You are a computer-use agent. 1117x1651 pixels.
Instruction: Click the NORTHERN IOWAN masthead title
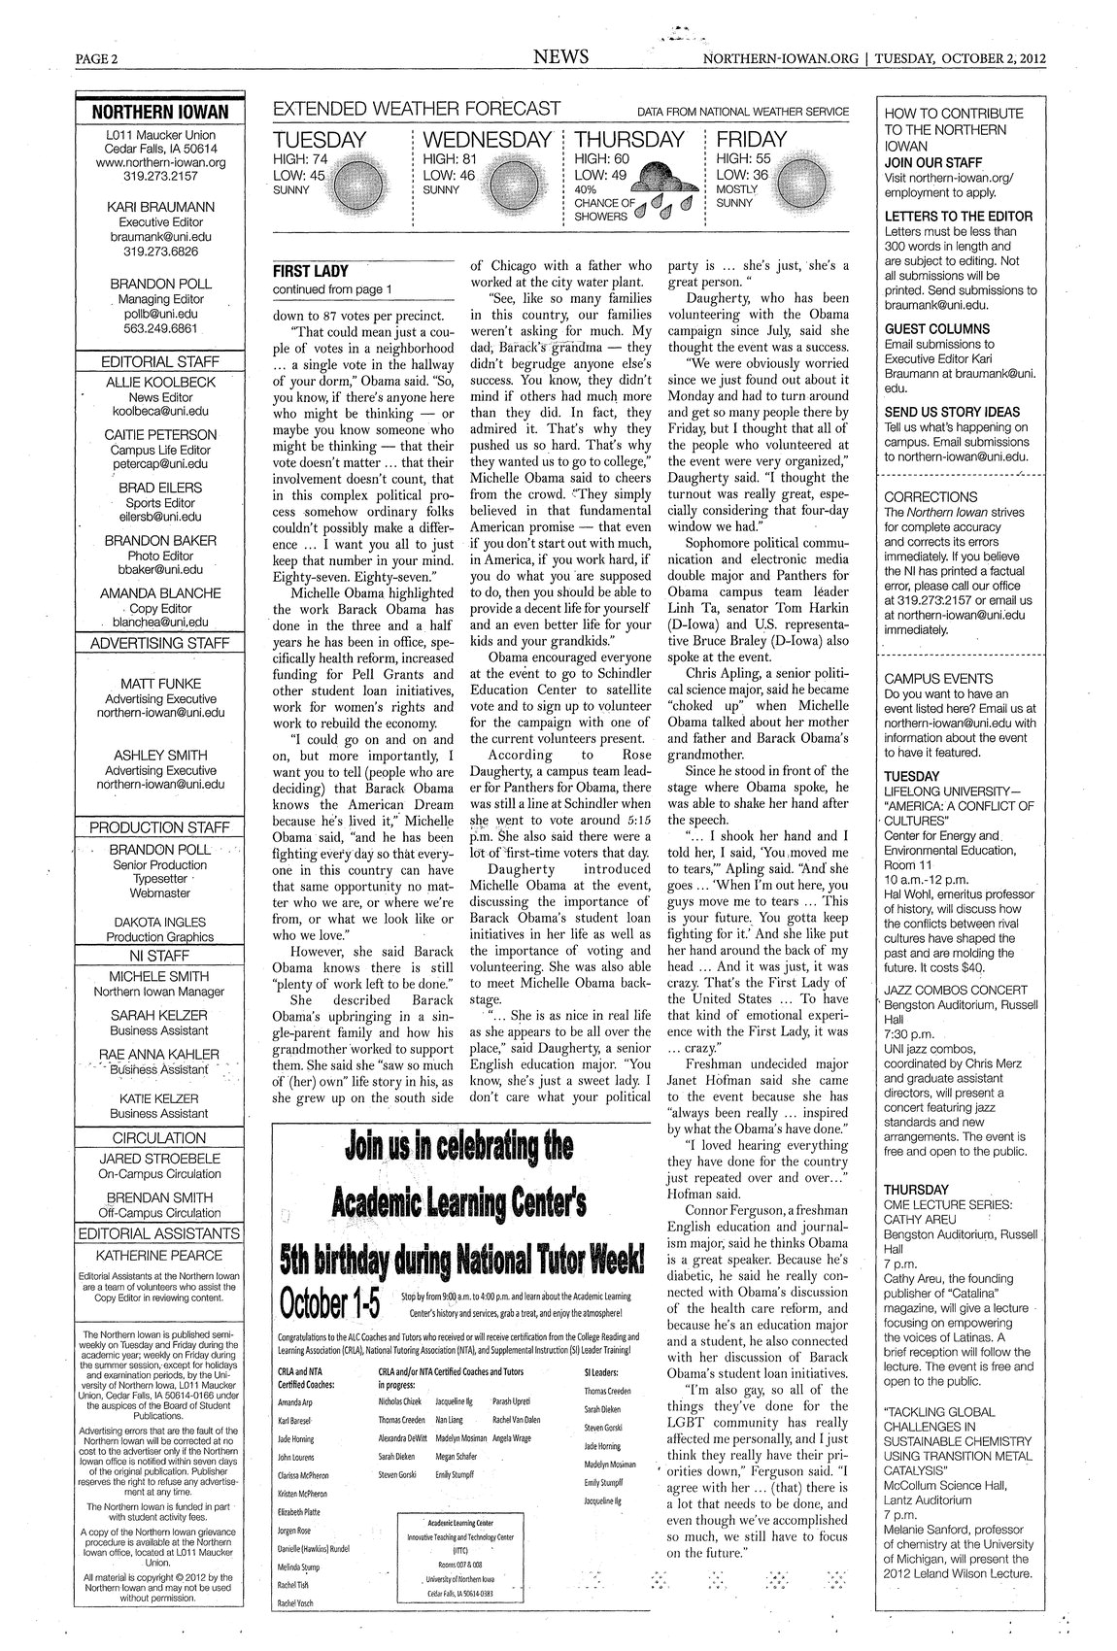[x=160, y=113]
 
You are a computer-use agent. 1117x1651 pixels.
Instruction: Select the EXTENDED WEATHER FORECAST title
[x=418, y=109]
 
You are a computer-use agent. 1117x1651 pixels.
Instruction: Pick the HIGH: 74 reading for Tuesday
[x=301, y=158]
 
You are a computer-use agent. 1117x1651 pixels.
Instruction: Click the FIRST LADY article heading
[x=308, y=271]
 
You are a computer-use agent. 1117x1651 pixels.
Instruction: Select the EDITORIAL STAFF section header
[x=160, y=361]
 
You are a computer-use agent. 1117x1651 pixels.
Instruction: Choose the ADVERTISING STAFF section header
[x=160, y=643]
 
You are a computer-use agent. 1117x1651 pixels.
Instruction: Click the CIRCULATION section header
[x=160, y=1137]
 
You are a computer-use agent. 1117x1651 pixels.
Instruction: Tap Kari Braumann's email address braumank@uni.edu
[x=160, y=236]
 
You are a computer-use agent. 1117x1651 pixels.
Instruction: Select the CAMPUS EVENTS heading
[x=938, y=679]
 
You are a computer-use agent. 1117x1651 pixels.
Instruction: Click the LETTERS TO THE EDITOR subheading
[x=959, y=217]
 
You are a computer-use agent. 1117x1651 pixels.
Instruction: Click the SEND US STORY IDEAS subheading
[x=952, y=412]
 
